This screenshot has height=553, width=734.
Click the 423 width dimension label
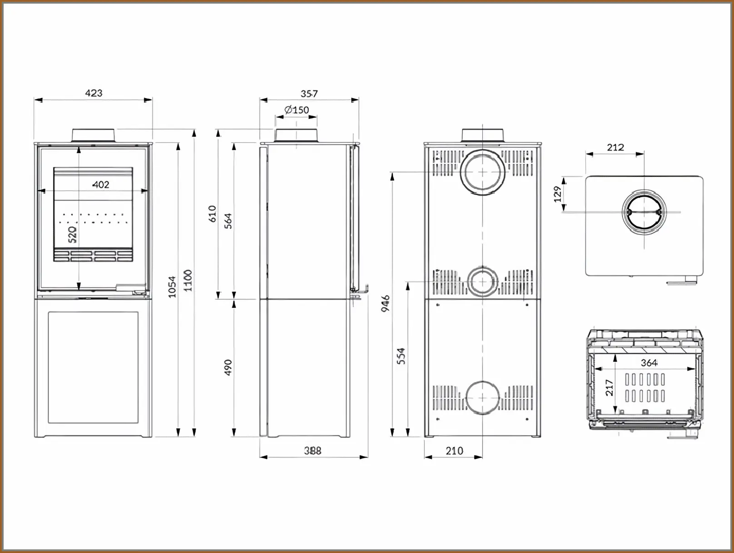click(x=94, y=93)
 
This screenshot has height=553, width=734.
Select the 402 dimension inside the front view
click(x=101, y=184)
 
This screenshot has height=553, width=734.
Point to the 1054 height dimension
click(x=172, y=287)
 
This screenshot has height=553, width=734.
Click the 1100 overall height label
click(x=188, y=280)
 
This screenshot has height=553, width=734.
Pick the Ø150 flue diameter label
click(x=297, y=110)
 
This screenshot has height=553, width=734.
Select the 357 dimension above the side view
click(x=309, y=94)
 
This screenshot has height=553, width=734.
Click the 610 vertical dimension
click(x=212, y=214)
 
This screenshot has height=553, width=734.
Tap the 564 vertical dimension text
click(x=228, y=221)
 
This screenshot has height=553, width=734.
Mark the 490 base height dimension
click(x=228, y=367)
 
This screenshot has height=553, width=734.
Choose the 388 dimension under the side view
click(x=312, y=450)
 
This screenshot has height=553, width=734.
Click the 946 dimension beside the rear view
click(x=385, y=303)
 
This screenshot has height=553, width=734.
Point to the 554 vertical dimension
click(x=401, y=356)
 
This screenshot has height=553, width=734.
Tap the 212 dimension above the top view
click(x=615, y=147)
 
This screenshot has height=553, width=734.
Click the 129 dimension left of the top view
click(x=557, y=194)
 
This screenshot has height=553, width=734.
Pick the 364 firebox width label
click(x=649, y=362)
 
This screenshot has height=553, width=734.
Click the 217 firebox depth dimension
click(x=609, y=388)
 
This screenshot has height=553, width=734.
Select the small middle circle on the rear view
click(x=482, y=282)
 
